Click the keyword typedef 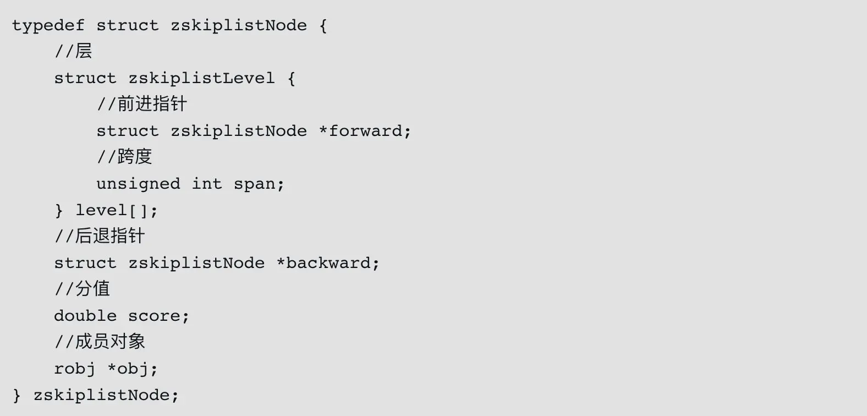[x=48, y=26]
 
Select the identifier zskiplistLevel [x=201, y=79]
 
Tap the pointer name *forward [x=364, y=132]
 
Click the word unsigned [x=138, y=184]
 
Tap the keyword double [x=85, y=316]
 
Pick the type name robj [x=75, y=369]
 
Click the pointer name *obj [x=128, y=369]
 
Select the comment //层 [x=73, y=52]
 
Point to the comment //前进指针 [x=142, y=105]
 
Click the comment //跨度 [x=124, y=157]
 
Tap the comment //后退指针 [x=100, y=237]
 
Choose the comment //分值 [x=82, y=289]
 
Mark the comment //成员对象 [x=100, y=342]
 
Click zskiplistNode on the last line [x=101, y=396]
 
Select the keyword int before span [x=207, y=184]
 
